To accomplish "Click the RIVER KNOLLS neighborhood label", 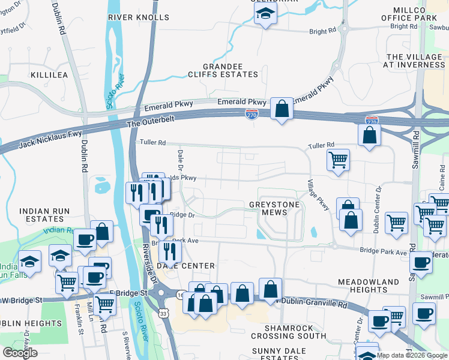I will (139, 17).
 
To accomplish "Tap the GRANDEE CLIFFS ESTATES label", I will (231, 70).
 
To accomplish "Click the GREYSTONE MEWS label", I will (274, 209).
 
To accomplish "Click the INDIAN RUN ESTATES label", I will (46, 216).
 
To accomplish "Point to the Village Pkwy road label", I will (319, 194).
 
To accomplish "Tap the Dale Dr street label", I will (179, 161).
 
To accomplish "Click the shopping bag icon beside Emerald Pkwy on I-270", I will (282, 109).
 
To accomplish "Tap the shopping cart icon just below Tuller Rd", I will (338, 160).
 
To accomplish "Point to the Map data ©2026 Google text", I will (412, 355).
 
